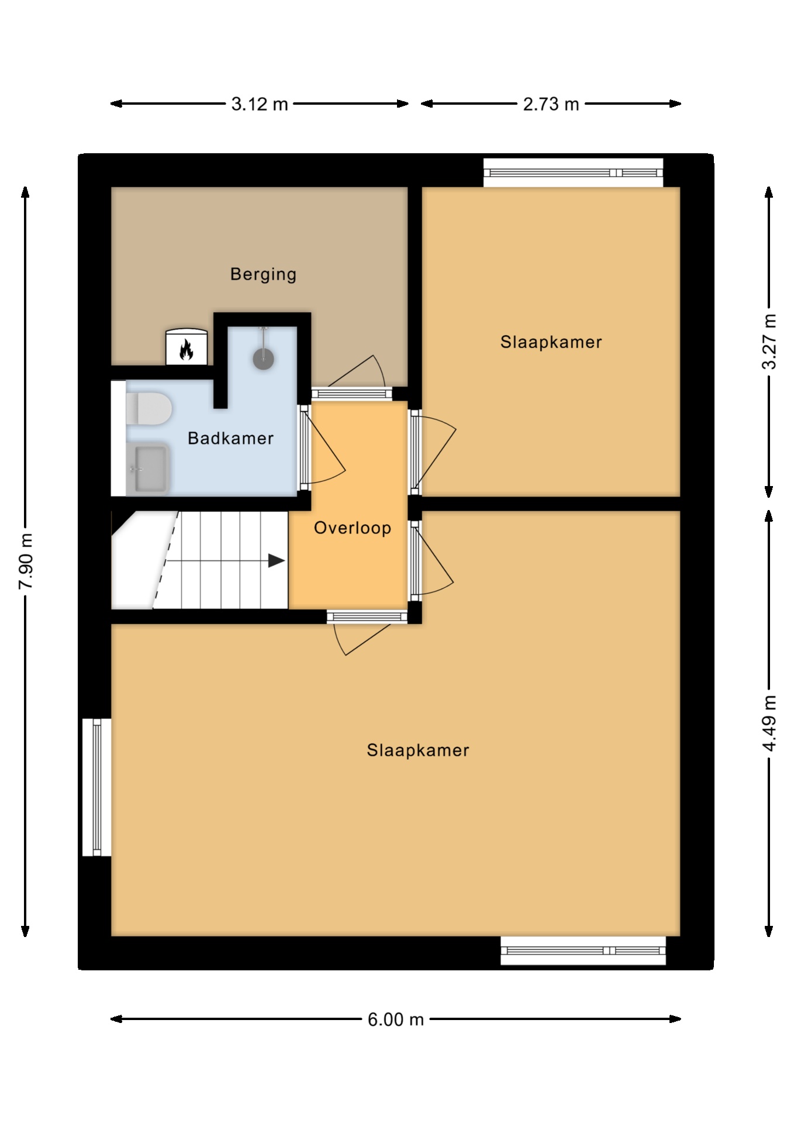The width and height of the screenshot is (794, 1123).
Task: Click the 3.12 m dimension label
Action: (260, 104)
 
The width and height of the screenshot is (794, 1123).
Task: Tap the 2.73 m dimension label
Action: (551, 104)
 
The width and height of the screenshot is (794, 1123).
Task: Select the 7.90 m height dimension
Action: (26, 561)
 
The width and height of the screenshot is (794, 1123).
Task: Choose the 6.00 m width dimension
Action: (395, 1019)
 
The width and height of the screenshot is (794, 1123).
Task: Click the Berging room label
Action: (263, 274)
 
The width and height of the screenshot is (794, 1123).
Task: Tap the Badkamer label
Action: (230, 438)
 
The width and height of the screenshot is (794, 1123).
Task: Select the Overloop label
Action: (353, 528)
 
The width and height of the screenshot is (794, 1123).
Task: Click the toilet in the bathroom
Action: (149, 408)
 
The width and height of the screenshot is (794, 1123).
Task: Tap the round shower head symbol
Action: (264, 359)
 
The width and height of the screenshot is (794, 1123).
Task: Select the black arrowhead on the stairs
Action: (277, 561)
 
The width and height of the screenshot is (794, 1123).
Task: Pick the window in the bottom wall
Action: (584, 950)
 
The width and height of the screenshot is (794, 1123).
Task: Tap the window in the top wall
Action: (574, 173)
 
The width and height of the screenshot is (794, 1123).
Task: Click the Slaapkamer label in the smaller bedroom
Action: (551, 342)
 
